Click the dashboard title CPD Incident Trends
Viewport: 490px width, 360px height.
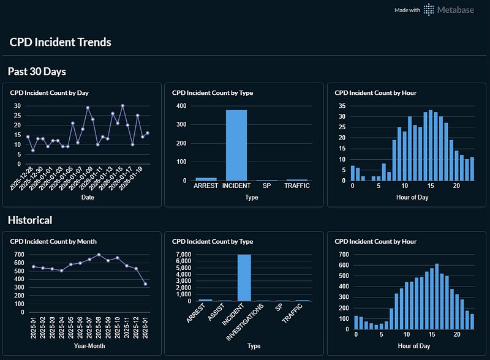pyautogui.click(x=60, y=42)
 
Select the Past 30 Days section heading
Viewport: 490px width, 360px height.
pyautogui.click(x=37, y=72)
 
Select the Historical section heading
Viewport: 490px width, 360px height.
pyautogui.click(x=30, y=220)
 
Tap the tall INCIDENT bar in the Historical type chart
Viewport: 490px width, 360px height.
pyautogui.click(x=244, y=277)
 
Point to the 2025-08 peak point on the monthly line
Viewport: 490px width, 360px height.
pyautogui.click(x=99, y=255)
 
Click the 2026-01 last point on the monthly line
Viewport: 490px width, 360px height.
pyautogui.click(x=145, y=283)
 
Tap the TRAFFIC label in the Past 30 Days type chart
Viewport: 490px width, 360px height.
pyautogui.click(x=297, y=186)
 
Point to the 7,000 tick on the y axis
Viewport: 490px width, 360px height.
pyautogui.click(x=183, y=254)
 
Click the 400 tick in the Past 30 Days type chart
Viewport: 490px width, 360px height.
pyautogui.click(x=182, y=106)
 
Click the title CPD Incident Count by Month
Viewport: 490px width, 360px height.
pyautogui.click(x=53, y=241)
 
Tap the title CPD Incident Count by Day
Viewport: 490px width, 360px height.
pyautogui.click(x=50, y=93)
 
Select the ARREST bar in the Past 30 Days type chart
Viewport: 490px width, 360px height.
pyautogui.click(x=205, y=179)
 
